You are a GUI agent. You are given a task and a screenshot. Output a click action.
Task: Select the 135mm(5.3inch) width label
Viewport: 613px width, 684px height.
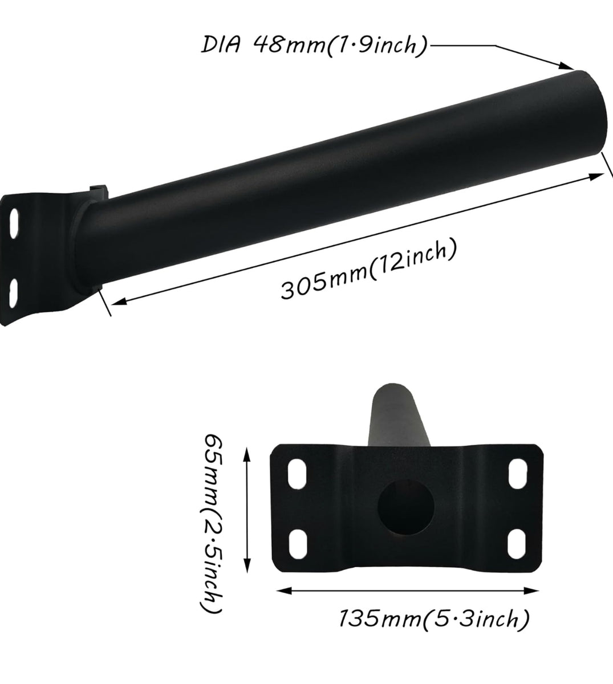(x=435, y=618)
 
